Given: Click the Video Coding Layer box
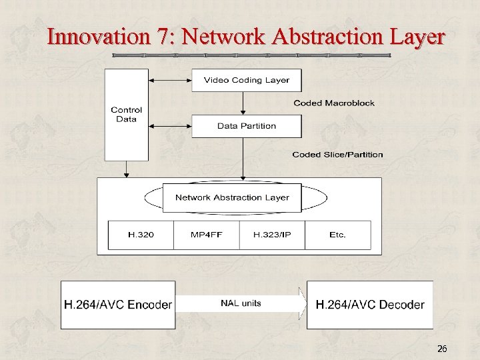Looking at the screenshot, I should [247, 80].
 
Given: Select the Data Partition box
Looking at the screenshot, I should [247, 126].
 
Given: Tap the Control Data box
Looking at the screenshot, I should [127, 115].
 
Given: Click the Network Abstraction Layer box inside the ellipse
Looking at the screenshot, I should [232, 197].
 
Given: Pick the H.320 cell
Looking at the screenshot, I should [141, 235].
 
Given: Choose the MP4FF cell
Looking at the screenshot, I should [206, 235].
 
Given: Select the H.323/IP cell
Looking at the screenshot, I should [271, 235].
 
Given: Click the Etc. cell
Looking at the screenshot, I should [337, 235].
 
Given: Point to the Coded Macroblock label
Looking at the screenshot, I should [334, 103].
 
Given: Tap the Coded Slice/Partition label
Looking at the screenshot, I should [337, 155].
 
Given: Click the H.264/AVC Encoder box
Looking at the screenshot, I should [118, 305].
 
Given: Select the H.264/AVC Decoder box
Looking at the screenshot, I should [369, 305].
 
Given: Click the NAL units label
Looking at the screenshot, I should [241, 303].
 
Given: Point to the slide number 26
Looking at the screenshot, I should [442, 349].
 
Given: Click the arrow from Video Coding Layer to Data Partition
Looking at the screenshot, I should [243, 103].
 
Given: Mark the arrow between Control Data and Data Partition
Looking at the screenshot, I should [170, 125].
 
